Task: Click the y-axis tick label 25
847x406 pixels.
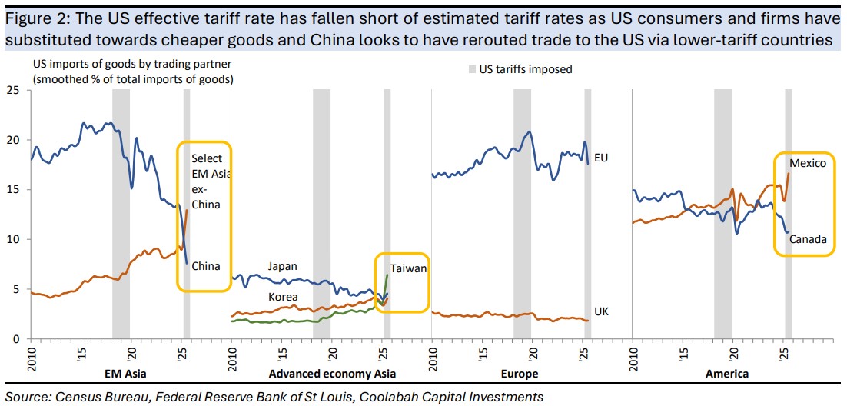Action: pos(12,90)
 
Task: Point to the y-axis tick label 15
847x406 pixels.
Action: pos(12,189)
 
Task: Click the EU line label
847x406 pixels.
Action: pos(602,158)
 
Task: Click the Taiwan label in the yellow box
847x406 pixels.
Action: pos(408,268)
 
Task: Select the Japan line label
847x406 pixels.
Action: pos(282,266)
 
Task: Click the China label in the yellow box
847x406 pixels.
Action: pos(206,266)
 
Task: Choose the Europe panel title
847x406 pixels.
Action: pos(520,374)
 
